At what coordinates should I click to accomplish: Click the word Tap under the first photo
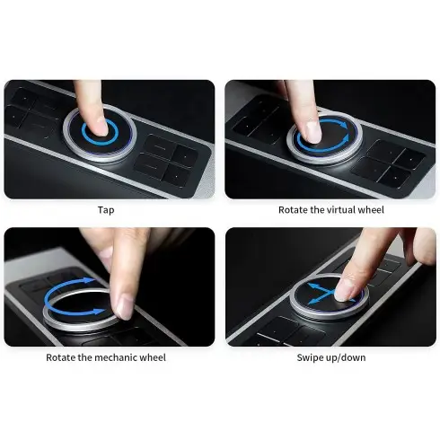pos(106,210)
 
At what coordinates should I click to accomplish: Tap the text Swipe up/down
pos(331,357)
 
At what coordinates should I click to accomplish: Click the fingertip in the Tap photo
pos(100,128)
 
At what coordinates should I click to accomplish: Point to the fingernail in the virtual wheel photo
pos(313,132)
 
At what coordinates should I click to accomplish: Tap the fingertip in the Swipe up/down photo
pos(345,290)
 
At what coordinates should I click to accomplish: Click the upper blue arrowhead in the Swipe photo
pos(312,286)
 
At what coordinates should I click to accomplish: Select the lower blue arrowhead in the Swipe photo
pos(312,301)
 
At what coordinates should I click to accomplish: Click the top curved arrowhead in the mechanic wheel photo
pos(89,280)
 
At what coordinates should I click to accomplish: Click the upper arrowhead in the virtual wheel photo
pos(343,124)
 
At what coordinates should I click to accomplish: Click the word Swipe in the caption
pos(309,357)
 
